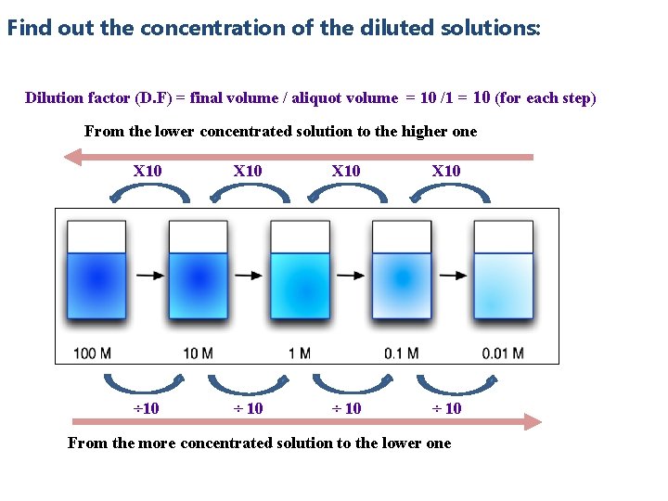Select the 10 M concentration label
198,353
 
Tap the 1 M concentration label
299,353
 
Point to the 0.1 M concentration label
401,353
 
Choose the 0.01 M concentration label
503,353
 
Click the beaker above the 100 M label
96,273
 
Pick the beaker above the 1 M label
300,273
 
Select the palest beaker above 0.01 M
504,273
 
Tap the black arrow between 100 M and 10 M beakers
147,276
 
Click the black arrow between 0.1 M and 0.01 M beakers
452,276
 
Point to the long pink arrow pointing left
297,157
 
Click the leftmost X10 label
148,171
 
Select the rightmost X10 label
446,171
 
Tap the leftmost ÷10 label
146,408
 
